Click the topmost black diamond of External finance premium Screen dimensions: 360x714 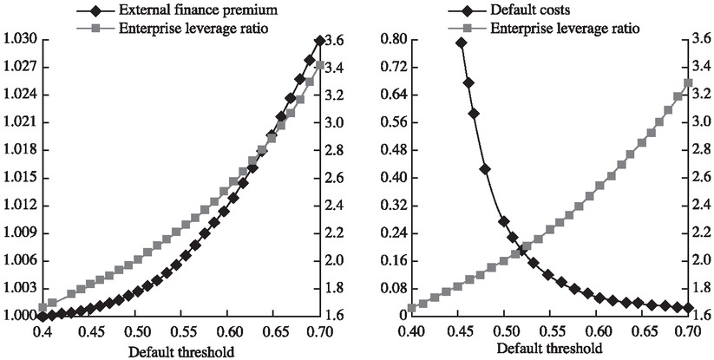coord(319,41)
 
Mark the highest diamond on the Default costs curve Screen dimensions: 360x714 coord(461,43)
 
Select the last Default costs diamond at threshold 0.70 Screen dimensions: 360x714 coord(688,308)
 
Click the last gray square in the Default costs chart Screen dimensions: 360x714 coord(688,83)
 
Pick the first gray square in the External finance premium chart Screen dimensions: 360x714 coord(43,307)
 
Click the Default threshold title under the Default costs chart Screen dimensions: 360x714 coord(549,350)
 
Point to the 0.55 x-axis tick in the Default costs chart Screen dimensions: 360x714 coord(549,332)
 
